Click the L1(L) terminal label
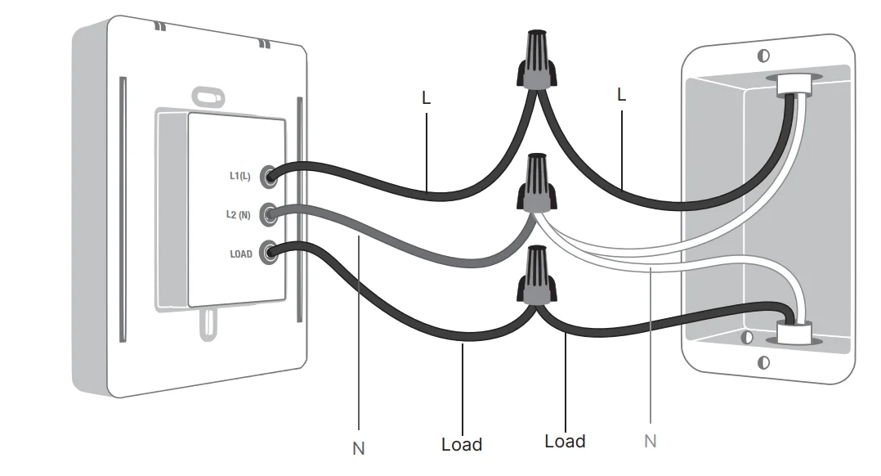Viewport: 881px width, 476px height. point(239,176)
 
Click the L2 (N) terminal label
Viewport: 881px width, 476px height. point(239,215)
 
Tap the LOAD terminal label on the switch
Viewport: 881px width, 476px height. point(241,254)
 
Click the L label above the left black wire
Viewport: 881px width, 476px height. point(426,99)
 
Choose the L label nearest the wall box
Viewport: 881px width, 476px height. point(621,95)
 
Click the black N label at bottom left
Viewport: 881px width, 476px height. point(358,448)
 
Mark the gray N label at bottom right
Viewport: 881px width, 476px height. point(650,442)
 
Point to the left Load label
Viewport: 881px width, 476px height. point(462,445)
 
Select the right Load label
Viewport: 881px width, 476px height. point(565,442)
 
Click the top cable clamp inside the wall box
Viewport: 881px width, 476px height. point(789,84)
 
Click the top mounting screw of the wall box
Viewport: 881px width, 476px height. point(763,56)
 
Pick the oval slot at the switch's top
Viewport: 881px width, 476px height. point(208,97)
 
